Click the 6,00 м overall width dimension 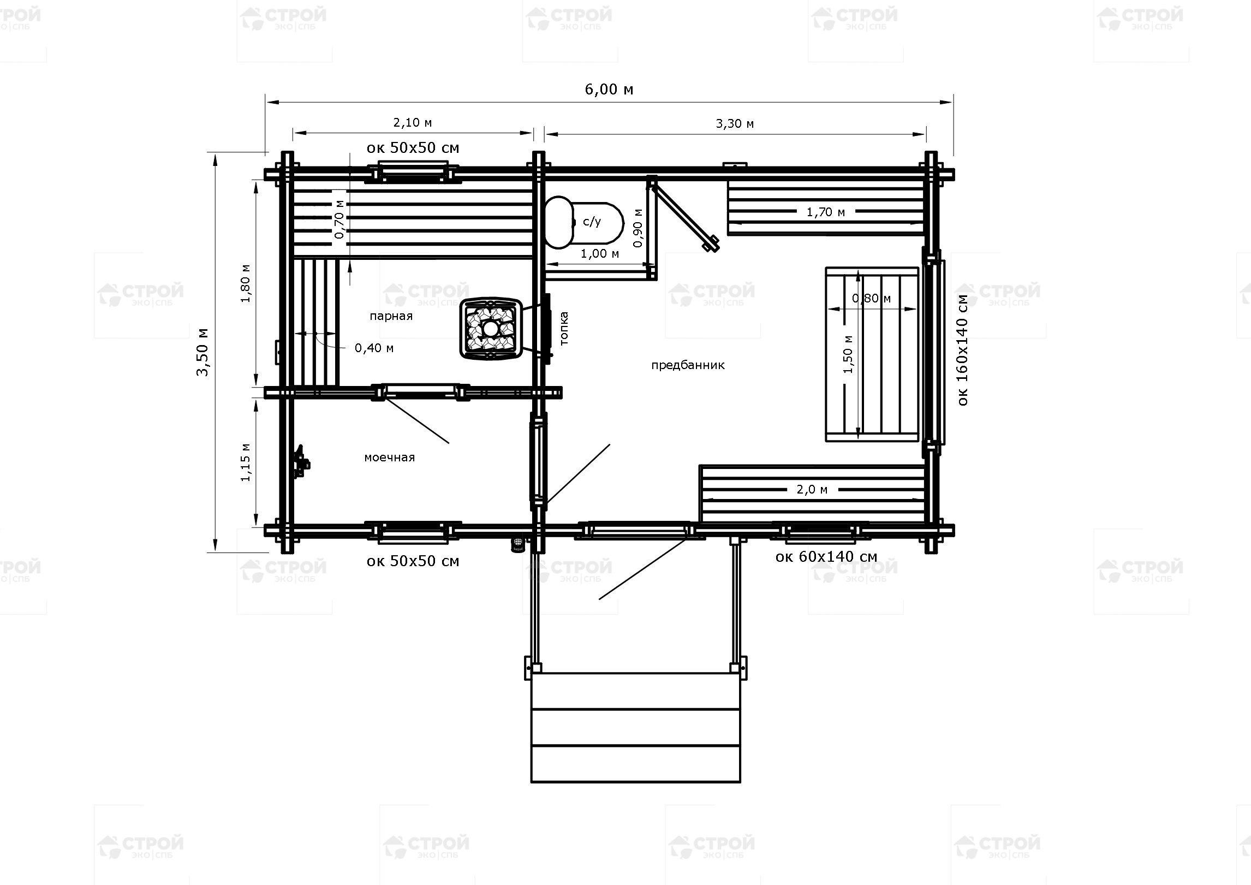click(609, 89)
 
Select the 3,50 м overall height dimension click(202, 352)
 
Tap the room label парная click(391, 316)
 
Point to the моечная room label click(389, 458)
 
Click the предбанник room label click(688, 365)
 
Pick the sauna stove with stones click(491, 329)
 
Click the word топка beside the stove click(564, 328)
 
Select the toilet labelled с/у click(585, 222)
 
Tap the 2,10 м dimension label click(413, 123)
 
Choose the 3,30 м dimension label click(735, 124)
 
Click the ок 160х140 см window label click(962, 350)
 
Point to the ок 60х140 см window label click(826, 557)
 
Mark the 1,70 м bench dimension click(826, 212)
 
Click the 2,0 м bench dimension click(812, 490)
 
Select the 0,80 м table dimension click(871, 298)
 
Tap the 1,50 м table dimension click(848, 354)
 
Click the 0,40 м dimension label click(374, 348)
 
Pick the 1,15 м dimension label click(246, 462)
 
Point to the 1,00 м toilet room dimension click(599, 254)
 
